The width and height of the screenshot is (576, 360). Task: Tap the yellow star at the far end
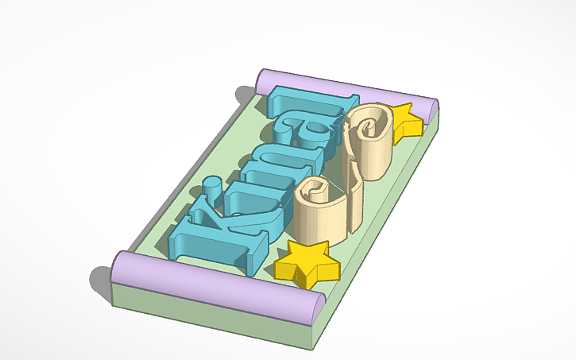pos(405,119)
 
